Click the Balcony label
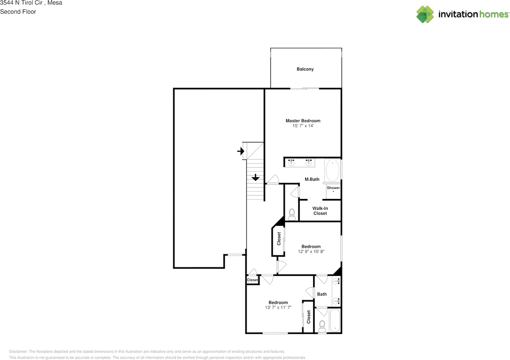click(305, 69)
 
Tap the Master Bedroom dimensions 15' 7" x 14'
click(303, 126)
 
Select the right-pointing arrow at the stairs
click(240, 151)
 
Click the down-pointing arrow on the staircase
click(255, 177)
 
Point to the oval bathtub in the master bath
click(333, 171)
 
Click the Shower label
click(333, 188)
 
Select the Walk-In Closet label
click(320, 211)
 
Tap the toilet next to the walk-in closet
click(292, 214)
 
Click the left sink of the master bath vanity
click(291, 162)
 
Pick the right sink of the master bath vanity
click(308, 162)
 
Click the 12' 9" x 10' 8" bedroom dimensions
click(311, 252)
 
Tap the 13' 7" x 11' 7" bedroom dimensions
click(278, 307)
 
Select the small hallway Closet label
click(252, 280)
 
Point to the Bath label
click(322, 294)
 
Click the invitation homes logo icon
click(425, 14)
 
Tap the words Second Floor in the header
click(18, 12)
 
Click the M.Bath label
click(312, 179)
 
